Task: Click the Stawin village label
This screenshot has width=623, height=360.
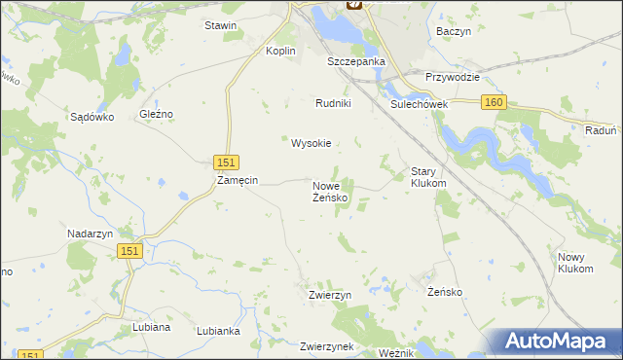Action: (221, 25)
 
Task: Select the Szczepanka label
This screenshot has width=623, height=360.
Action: (356, 60)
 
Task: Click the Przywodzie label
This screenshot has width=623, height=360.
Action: (454, 77)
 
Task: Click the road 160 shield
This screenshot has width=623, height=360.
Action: (494, 102)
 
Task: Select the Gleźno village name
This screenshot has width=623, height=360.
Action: (156, 114)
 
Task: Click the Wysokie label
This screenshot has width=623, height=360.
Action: (311, 143)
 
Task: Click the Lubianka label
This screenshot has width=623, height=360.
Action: (218, 331)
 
